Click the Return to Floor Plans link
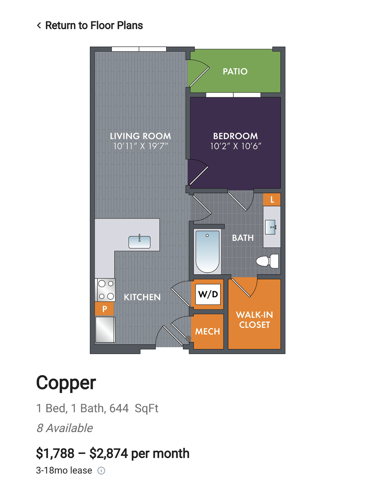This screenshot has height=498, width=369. [90, 25]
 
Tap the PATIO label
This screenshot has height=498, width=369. [235, 71]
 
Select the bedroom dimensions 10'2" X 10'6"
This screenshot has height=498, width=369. [235, 146]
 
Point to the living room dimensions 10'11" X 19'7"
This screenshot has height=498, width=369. [141, 146]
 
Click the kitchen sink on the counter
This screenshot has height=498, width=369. [139, 242]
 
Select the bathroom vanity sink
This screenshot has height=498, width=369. [271, 227]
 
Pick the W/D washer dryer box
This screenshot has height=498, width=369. [208, 294]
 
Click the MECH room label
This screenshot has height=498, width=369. [207, 331]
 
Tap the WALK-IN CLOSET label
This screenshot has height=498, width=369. [254, 320]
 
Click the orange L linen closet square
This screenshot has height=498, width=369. [272, 200]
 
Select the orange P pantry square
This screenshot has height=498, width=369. [105, 309]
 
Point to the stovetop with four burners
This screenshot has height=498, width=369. [105, 290]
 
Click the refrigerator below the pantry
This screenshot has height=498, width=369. [105, 330]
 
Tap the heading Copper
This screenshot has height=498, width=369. [66, 383]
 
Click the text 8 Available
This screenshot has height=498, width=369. [65, 428]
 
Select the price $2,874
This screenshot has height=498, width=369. [109, 454]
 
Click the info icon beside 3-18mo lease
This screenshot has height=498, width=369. [101, 470]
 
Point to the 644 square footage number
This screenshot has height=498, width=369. [119, 408]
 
